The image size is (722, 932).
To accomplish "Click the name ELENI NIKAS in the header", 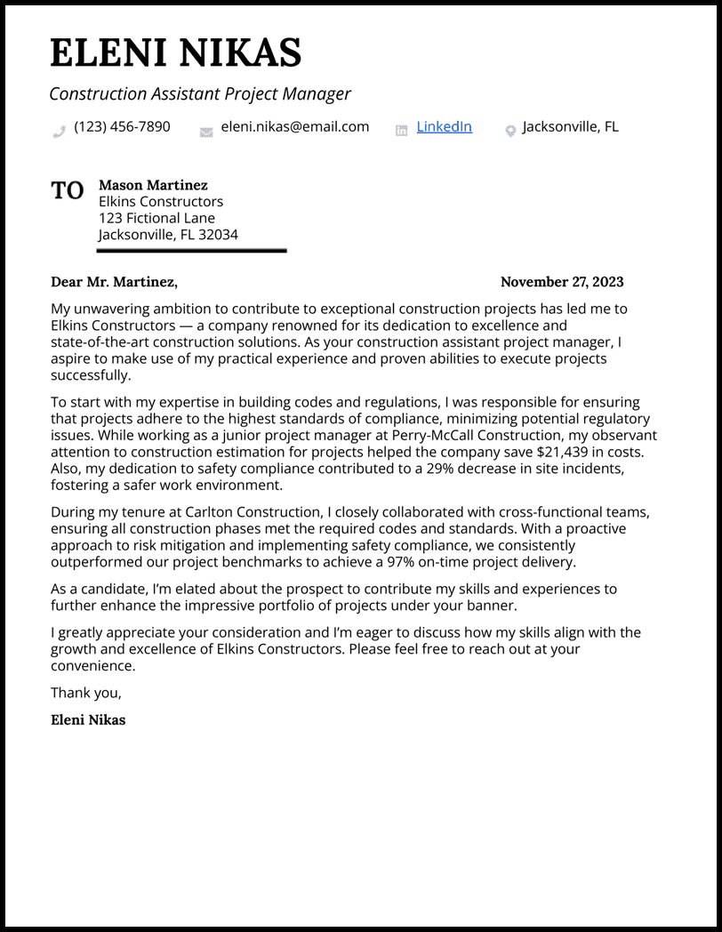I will click(x=175, y=53).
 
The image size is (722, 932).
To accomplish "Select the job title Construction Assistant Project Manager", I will click(x=200, y=93).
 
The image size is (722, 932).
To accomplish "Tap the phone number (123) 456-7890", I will click(x=122, y=126).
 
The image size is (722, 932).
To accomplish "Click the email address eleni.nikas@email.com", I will click(x=294, y=126).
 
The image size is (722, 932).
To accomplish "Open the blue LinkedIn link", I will click(x=444, y=126).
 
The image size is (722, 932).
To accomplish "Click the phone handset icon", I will click(x=60, y=132).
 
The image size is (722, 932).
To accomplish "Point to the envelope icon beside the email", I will click(x=206, y=132).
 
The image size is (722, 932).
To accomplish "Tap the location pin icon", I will click(x=510, y=132).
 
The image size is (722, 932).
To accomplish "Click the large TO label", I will click(x=68, y=190).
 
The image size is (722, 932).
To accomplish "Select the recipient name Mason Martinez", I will click(x=153, y=185).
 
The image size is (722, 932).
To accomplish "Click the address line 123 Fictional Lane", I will click(x=156, y=218).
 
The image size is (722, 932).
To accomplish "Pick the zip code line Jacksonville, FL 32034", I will click(x=168, y=235).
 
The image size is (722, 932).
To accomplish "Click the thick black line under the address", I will click(x=191, y=251).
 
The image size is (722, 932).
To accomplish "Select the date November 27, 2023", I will click(x=562, y=282).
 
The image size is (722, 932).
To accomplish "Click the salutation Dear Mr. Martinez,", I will click(x=114, y=282).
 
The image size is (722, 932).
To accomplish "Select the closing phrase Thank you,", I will click(x=85, y=693).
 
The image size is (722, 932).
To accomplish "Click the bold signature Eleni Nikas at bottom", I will click(x=88, y=720).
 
